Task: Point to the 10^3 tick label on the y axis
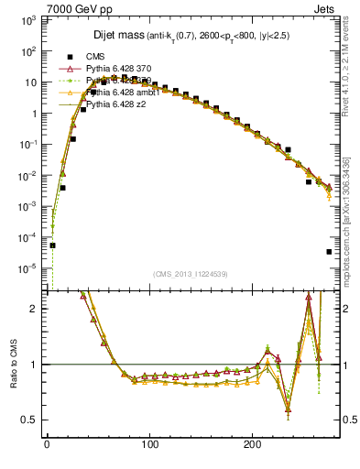[x=27, y=19]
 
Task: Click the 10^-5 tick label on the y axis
[x=27, y=268]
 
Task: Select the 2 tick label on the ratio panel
[x=35, y=309]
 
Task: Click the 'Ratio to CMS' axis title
[x=12, y=365]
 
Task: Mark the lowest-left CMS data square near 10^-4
[x=52, y=245]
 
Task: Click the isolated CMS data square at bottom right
[x=329, y=252]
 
